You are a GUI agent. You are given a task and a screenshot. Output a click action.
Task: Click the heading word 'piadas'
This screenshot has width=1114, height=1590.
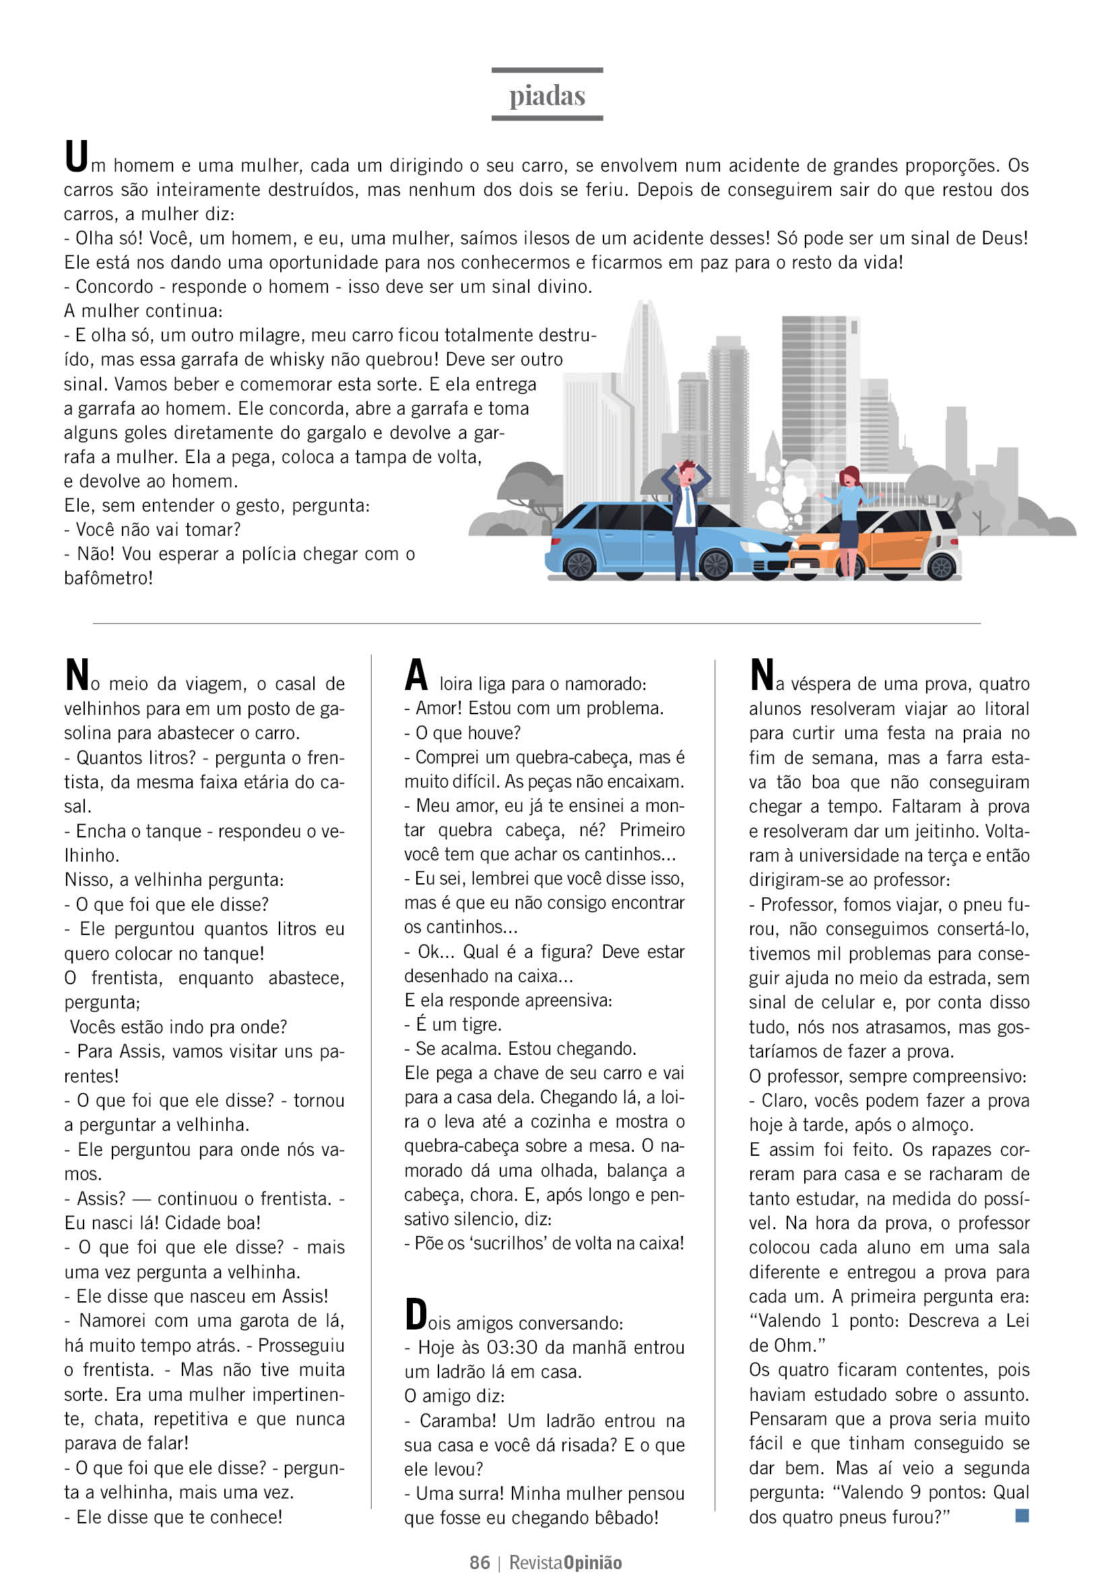[x=547, y=96]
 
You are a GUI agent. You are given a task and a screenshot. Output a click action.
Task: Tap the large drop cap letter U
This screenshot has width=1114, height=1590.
[x=75, y=155]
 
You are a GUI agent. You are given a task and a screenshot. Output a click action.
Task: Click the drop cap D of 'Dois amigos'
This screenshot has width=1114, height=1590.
[x=416, y=1314]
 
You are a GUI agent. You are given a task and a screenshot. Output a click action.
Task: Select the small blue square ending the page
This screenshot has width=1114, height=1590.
[x=1021, y=1515]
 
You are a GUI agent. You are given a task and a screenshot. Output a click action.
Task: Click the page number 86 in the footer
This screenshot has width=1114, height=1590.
[x=480, y=1562]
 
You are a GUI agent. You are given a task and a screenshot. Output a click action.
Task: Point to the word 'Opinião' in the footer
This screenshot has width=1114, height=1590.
[x=592, y=1562]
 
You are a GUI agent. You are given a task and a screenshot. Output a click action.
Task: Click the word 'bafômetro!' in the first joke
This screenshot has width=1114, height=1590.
[x=108, y=578]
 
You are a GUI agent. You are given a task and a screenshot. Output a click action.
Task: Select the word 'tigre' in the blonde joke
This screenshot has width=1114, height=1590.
[x=482, y=1025]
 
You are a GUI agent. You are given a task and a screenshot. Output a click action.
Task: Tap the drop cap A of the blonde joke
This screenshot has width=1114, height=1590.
[x=416, y=675]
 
